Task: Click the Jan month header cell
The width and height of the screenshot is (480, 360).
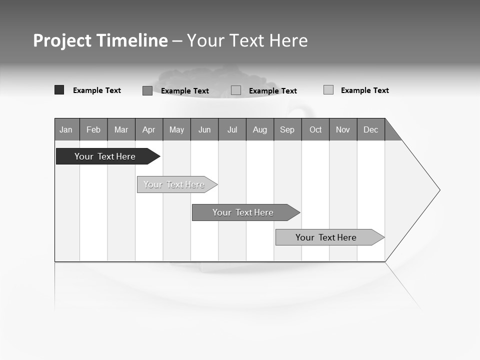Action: [x=66, y=129]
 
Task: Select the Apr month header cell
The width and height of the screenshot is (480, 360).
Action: [x=149, y=129]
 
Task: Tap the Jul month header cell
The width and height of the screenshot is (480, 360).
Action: [x=232, y=129]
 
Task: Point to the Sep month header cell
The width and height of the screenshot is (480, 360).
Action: [x=287, y=129]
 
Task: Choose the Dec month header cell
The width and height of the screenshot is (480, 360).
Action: [x=370, y=129]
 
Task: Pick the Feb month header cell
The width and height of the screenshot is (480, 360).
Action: [x=93, y=129]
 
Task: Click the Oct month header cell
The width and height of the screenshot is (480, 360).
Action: [x=315, y=129]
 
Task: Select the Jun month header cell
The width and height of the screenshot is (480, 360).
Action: [x=204, y=129]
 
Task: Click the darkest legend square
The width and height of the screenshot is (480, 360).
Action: [x=59, y=90]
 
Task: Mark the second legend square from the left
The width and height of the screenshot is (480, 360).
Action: [x=147, y=90]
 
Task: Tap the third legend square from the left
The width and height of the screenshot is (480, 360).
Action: [x=236, y=90]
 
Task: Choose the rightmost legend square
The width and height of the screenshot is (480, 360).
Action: [x=328, y=90]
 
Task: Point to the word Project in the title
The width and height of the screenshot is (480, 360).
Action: [x=62, y=40]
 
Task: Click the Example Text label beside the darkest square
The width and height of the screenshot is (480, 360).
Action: [x=97, y=90]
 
